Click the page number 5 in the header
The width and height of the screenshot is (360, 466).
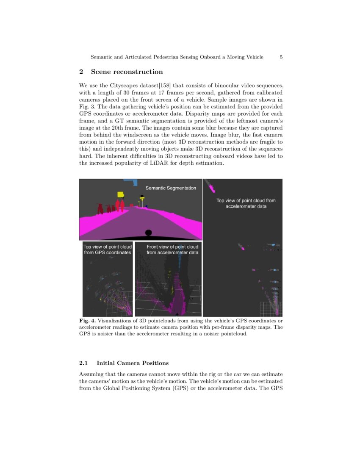[x=281, y=57]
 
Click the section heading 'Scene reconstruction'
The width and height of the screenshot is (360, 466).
[x=127, y=72]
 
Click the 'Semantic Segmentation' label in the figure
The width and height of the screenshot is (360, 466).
[x=171, y=188]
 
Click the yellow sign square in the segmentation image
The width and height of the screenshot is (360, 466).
[x=120, y=194]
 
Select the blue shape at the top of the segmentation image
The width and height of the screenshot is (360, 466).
[x=130, y=182]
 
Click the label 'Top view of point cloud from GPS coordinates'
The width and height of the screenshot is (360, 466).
[x=108, y=250]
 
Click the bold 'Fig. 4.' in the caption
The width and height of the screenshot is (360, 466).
[x=88, y=321]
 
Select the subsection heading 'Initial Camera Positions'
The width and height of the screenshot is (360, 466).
[x=133, y=363]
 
